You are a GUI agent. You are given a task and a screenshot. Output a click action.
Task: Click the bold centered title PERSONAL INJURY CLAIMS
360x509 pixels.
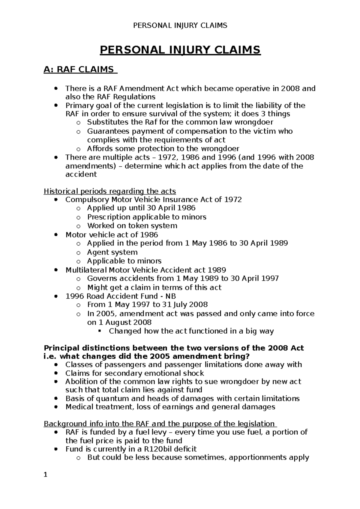coord(180,50)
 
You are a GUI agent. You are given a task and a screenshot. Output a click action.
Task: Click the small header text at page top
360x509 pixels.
coord(180,25)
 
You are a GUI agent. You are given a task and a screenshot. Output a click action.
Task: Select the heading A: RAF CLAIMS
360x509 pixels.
coord(79,70)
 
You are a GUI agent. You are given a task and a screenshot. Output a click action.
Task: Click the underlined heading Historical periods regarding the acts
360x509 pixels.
coord(110,191)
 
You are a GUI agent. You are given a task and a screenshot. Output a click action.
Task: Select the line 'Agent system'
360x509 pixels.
coord(112,252)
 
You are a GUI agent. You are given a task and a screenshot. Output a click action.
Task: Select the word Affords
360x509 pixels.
coord(100,149)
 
